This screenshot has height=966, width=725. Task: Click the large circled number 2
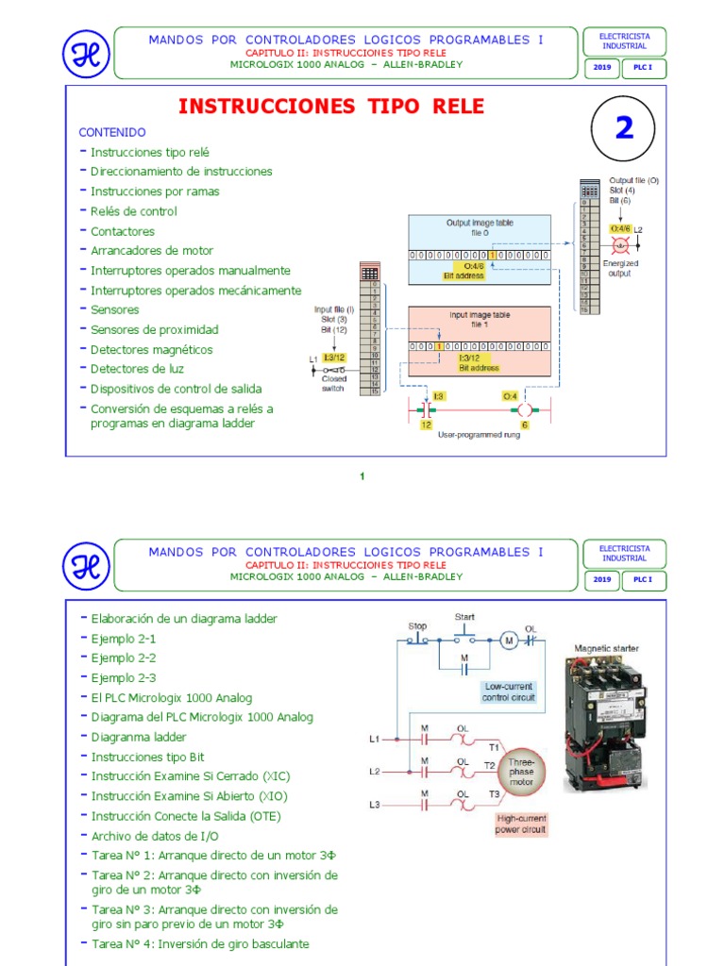pos(624,128)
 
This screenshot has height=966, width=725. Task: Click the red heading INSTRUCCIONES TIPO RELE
pos(331,106)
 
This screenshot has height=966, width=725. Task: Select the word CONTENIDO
pos(111,132)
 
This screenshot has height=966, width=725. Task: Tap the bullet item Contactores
pos(123,231)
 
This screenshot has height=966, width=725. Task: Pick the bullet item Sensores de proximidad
pos(154,329)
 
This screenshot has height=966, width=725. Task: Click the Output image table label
pos(480,226)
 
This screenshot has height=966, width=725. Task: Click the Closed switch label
pos(332,383)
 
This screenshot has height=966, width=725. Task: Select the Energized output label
pos(619,268)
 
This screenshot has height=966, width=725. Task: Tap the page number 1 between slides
pos(362,476)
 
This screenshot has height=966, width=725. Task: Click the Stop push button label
pos(417,625)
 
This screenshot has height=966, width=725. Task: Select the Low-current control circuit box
pos(508,691)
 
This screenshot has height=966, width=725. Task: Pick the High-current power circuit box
pos(521,824)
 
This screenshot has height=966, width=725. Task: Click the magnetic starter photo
pos(608,724)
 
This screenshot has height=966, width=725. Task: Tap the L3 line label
pos(375,804)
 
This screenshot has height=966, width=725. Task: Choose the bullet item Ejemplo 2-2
pos(124,658)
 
